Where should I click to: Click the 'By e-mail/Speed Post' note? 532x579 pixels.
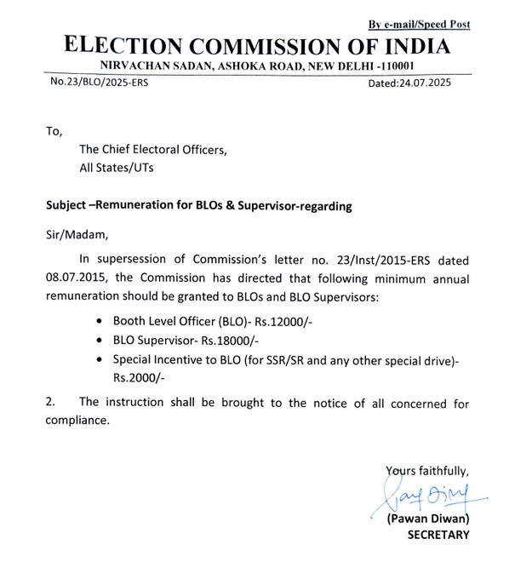pyautogui.click(x=419, y=24)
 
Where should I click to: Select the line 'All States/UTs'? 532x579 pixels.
pyautogui.click(x=117, y=169)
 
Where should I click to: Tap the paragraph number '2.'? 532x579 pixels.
pyautogui.click(x=50, y=403)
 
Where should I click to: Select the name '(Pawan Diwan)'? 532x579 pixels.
pyautogui.click(x=428, y=518)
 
